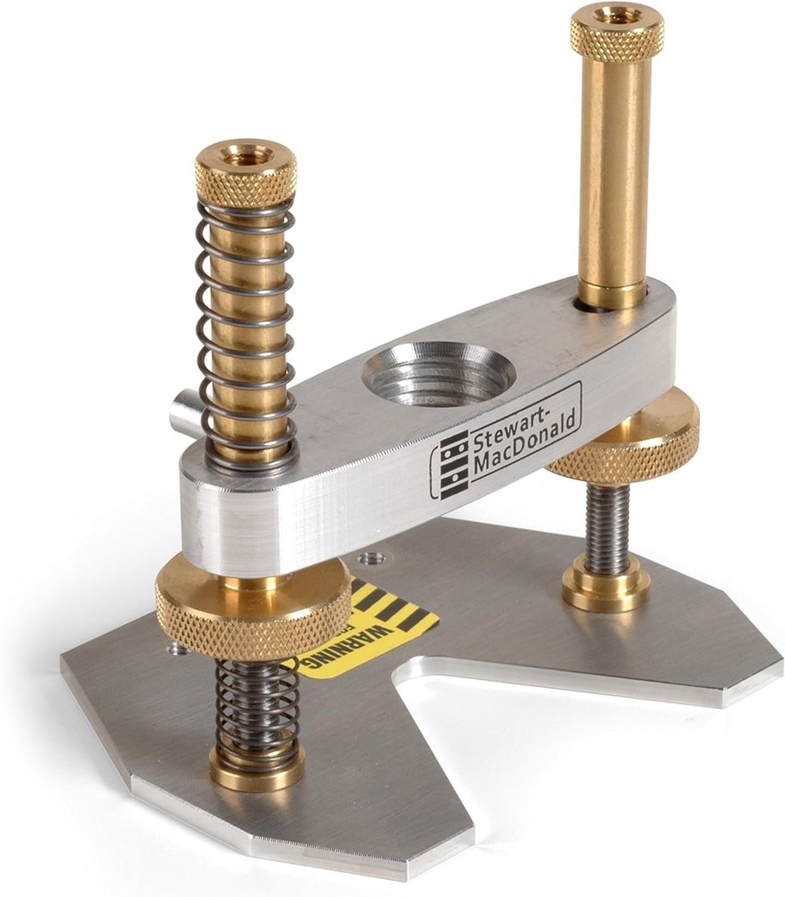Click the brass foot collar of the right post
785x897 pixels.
point(606,588)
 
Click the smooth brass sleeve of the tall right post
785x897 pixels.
point(614,170)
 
